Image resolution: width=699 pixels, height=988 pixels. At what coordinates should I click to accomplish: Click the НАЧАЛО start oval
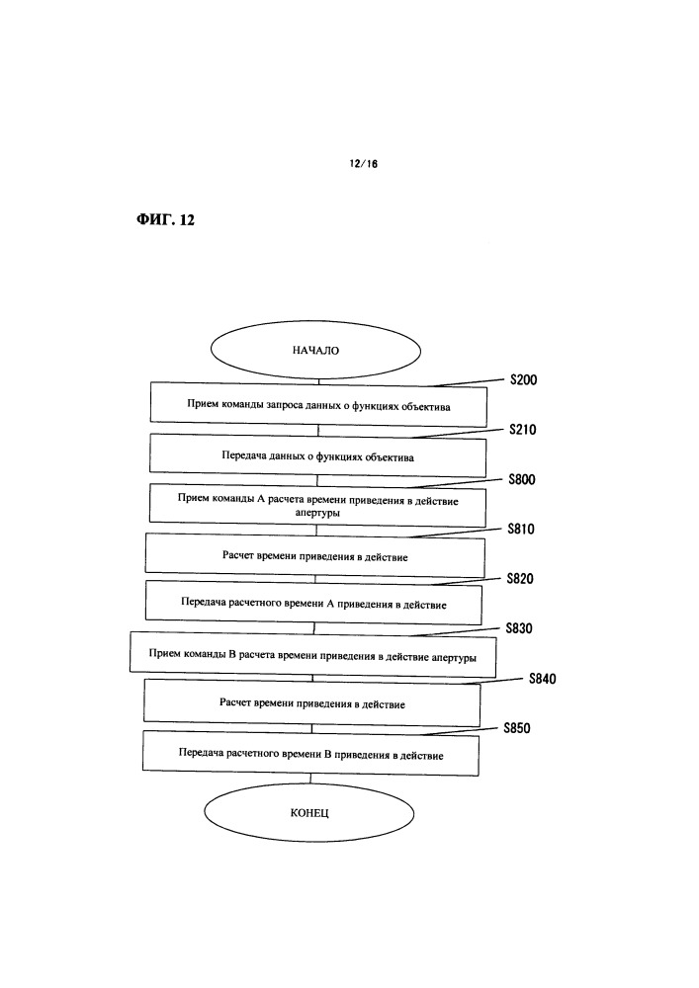[314, 351]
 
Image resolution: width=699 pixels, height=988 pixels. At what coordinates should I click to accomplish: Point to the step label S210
[522, 430]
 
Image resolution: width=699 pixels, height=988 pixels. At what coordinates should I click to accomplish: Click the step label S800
[521, 480]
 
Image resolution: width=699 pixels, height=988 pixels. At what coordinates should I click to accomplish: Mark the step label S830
[519, 628]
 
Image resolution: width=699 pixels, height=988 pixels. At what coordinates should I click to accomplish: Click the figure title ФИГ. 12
[164, 220]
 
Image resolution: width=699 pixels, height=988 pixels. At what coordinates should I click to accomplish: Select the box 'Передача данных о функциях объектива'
[317, 455]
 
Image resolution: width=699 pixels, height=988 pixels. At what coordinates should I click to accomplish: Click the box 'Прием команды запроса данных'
[317, 404]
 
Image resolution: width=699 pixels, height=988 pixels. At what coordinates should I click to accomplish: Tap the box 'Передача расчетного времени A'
[314, 602]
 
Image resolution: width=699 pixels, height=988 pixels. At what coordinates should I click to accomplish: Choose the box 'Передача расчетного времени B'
[310, 754]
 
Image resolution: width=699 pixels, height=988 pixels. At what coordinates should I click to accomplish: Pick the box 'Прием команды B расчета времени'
[311, 653]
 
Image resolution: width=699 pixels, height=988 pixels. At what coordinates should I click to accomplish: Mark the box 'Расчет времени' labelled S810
[314, 556]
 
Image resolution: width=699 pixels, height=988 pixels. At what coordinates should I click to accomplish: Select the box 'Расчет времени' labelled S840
[311, 703]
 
